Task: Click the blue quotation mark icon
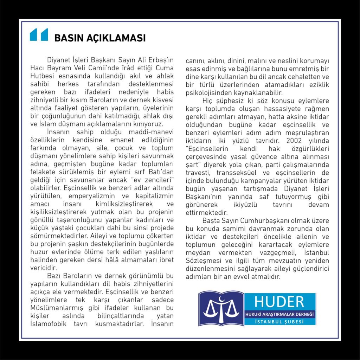(39, 35)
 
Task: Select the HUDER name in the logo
(279, 302)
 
